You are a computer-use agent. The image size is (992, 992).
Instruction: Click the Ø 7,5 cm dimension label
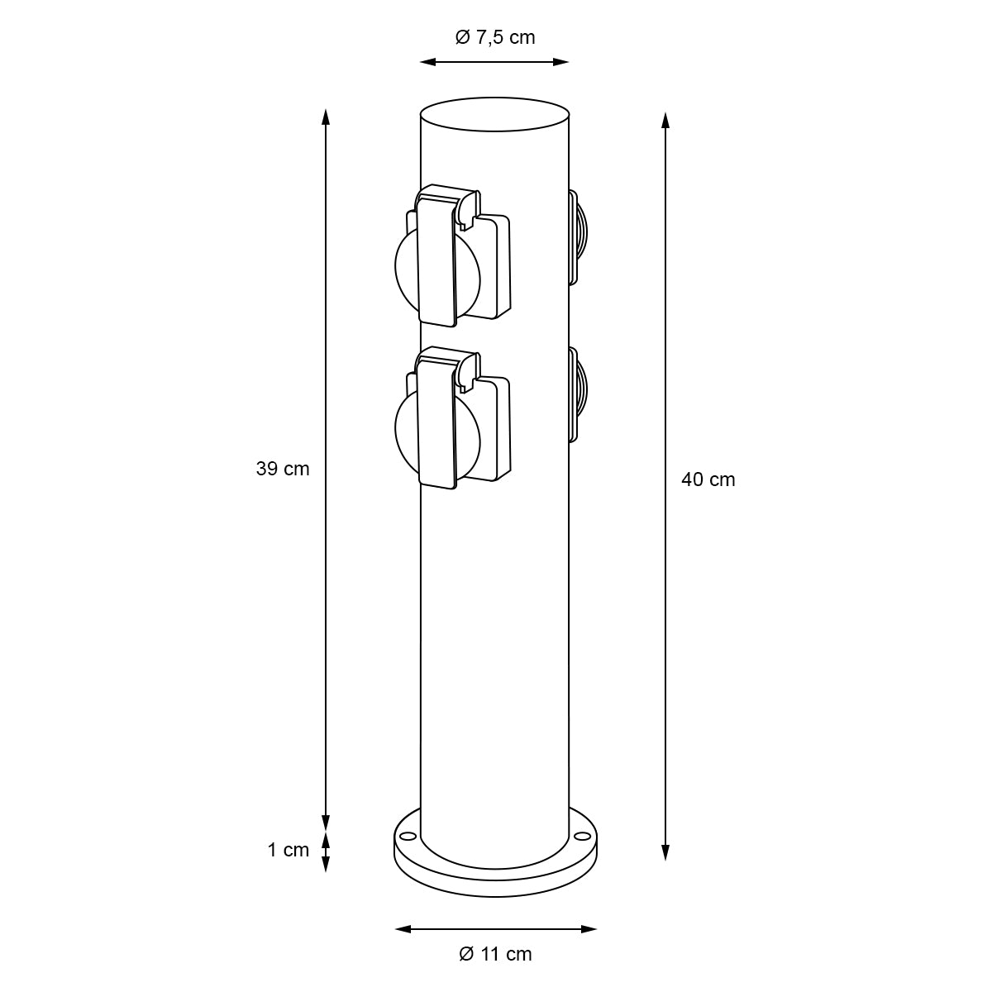(x=495, y=37)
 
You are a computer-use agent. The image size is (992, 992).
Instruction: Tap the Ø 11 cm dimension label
(x=495, y=954)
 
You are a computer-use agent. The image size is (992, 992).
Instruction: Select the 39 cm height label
(x=283, y=469)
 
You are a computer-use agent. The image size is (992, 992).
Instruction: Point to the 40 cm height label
(x=708, y=479)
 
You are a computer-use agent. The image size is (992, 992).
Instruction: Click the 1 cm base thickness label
(x=289, y=850)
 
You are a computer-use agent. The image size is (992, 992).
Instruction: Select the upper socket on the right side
(x=578, y=237)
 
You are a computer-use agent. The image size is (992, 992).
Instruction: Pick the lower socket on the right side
(x=578, y=395)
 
